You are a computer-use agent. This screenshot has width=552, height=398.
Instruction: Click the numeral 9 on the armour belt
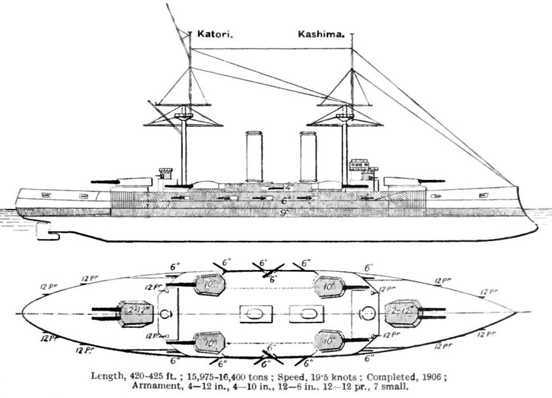(282, 213)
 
